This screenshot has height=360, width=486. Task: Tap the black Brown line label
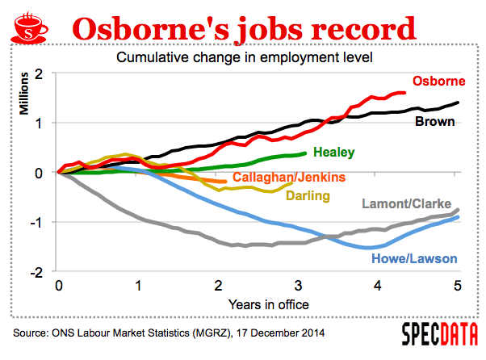click(435, 123)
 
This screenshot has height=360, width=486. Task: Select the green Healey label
click(333, 152)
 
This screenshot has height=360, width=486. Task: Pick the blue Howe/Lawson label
click(414, 259)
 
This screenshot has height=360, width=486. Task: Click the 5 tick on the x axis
click(457, 286)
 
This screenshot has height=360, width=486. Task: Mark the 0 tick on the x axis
click(59, 286)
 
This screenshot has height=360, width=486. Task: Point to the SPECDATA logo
click(439, 334)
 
